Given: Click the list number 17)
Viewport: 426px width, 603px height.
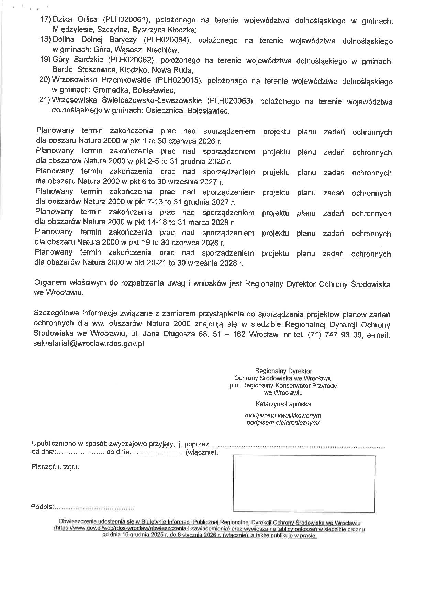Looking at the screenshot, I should coord(46,20).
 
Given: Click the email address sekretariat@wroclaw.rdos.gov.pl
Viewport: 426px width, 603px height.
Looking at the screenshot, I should coord(90,344).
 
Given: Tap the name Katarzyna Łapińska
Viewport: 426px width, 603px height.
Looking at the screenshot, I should coord(283,404).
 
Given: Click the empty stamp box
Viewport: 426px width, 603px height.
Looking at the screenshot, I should coord(304,483).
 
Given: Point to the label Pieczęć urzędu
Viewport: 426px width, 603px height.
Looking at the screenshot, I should coord(56,467).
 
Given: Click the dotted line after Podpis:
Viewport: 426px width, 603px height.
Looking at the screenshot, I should coord(94,507).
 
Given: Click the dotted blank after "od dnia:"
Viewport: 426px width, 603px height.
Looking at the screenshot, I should coord(80,452).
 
